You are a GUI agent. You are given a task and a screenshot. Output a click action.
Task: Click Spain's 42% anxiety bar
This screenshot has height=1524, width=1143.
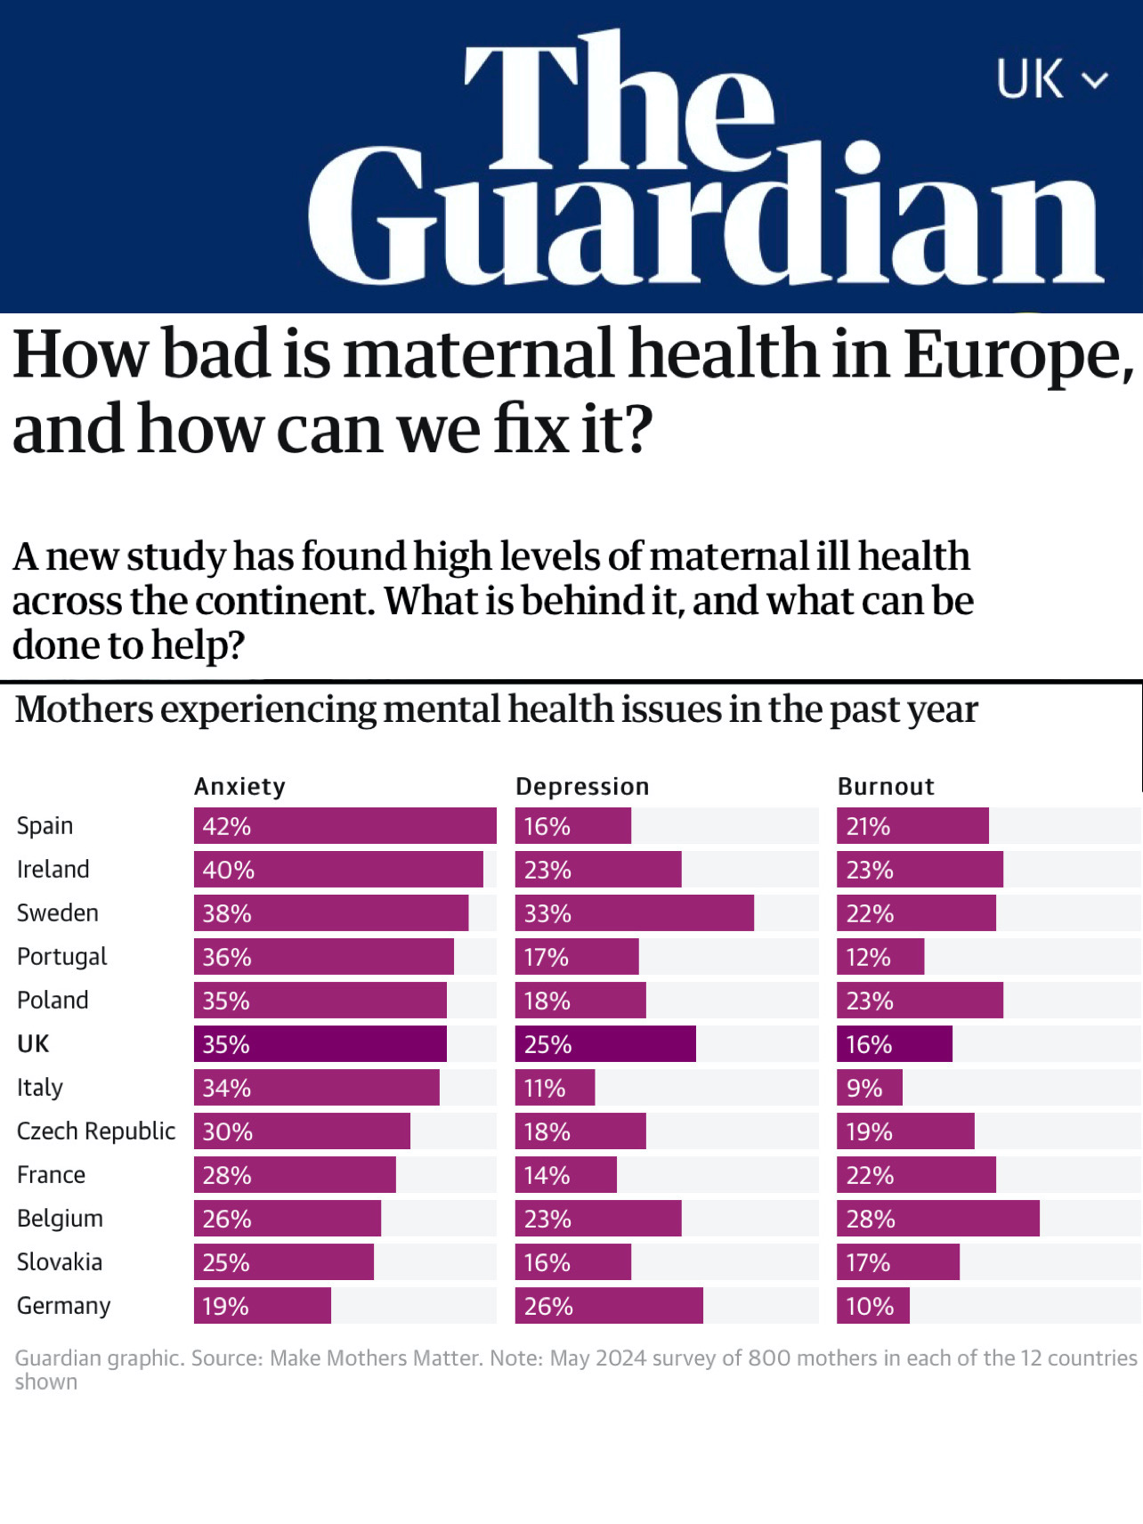tap(345, 825)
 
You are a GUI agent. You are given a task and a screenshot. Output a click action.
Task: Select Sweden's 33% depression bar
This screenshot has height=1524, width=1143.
tap(634, 912)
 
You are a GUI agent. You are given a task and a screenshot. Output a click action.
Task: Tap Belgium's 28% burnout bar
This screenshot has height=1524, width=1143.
tap(937, 1218)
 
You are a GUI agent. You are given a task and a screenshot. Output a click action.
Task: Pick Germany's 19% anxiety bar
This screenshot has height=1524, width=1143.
tap(263, 1305)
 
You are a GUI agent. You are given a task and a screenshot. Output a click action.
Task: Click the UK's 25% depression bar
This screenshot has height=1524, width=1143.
tap(605, 1043)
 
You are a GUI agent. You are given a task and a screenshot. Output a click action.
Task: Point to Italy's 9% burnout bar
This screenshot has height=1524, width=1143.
tap(869, 1087)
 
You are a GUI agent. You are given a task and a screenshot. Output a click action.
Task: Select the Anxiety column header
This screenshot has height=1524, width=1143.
tap(239, 786)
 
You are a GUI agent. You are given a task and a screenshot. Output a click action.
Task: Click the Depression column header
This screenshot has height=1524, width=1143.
tap(582, 786)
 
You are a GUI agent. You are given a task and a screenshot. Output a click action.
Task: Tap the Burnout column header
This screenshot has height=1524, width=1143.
tap(886, 786)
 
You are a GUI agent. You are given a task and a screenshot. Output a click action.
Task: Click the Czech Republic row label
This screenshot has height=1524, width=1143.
tap(96, 1131)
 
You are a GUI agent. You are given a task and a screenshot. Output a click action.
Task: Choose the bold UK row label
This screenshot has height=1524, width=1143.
tap(33, 1043)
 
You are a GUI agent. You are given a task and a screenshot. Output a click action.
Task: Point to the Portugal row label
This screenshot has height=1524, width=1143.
tap(61, 956)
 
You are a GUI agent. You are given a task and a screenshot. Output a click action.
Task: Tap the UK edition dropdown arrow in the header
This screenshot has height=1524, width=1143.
tap(1095, 81)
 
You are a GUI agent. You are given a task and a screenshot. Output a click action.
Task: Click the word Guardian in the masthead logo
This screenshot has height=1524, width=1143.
tap(706, 214)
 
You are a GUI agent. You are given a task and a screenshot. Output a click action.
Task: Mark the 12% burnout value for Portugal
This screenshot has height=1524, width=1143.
tap(868, 957)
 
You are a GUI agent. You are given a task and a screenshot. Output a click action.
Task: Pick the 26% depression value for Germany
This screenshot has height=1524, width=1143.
tap(548, 1306)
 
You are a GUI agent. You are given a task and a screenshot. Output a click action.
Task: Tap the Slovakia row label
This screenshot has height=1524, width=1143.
tap(60, 1261)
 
